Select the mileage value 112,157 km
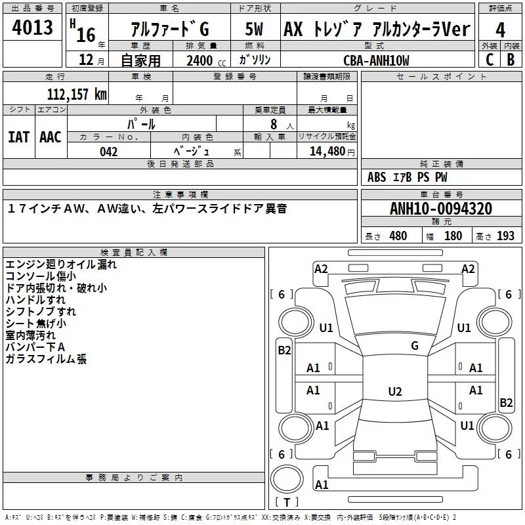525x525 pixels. point(77,94)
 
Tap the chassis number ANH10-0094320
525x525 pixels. point(442,209)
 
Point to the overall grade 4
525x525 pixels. point(501,30)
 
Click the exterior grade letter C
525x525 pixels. point(489,60)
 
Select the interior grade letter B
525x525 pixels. point(511,60)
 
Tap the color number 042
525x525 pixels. point(108,152)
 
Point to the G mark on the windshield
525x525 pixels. point(414,346)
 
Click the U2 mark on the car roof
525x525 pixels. point(394,392)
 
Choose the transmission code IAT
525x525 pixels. point(18,137)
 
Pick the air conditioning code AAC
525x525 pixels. point(50,137)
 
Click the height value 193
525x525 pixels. point(505,236)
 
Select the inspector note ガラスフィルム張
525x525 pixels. point(46,359)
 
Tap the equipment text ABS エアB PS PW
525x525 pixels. point(407,177)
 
